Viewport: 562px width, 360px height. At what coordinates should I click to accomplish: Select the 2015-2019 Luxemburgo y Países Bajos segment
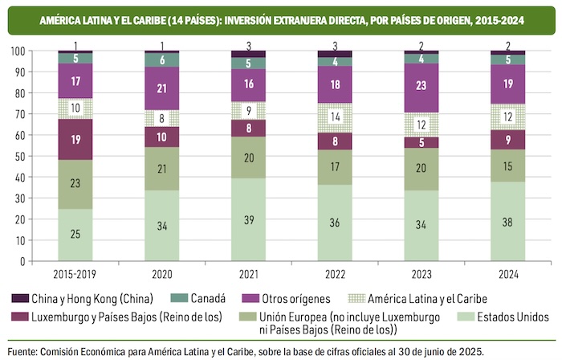coord(75,139)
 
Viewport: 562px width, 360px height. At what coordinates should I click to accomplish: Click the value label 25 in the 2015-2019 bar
coord(75,234)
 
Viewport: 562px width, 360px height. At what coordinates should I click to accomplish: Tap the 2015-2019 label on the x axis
coord(75,272)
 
